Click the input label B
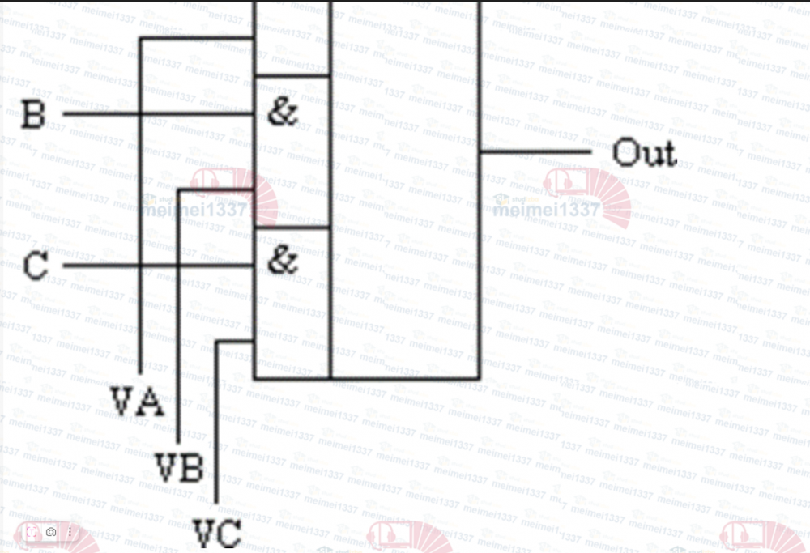[32, 114]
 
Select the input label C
[35, 266]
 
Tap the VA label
[138, 402]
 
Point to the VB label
[179, 467]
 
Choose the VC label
[217, 534]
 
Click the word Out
[644, 152]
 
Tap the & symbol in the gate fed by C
[282, 261]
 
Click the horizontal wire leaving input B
[97, 113]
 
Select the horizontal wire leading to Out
[535, 151]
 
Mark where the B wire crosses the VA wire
[141, 113]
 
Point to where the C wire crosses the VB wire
[178, 266]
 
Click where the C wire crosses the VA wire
[141, 266]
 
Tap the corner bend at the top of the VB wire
[178, 191]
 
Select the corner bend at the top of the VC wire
[216, 342]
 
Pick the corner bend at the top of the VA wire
[141, 38]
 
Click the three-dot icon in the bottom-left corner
[70, 532]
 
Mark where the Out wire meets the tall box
[480, 151]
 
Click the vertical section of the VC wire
[216, 421]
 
